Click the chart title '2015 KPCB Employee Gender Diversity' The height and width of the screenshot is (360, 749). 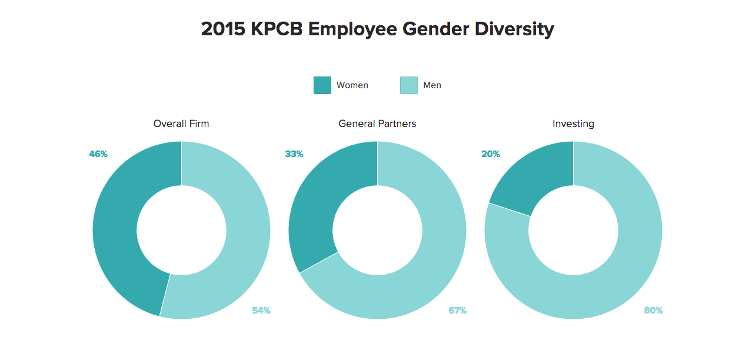click(x=377, y=29)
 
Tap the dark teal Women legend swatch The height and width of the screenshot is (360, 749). click(x=322, y=85)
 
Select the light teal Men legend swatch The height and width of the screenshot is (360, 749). click(x=408, y=85)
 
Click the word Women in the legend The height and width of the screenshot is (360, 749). click(x=352, y=85)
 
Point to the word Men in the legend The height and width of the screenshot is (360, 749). click(x=432, y=85)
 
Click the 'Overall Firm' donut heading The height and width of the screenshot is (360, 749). click(x=181, y=124)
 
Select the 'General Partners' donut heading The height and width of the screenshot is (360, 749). click(x=377, y=124)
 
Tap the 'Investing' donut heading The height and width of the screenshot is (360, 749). click(x=573, y=124)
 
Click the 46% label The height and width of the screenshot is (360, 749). click(x=98, y=154)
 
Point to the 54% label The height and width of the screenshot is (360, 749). click(x=261, y=310)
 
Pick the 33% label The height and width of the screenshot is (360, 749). click(x=294, y=154)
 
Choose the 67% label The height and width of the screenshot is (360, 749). click(x=457, y=310)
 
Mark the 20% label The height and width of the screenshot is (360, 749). click(x=491, y=154)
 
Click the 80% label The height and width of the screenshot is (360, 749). click(x=653, y=310)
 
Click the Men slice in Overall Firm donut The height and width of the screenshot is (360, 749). click(x=248, y=235)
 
